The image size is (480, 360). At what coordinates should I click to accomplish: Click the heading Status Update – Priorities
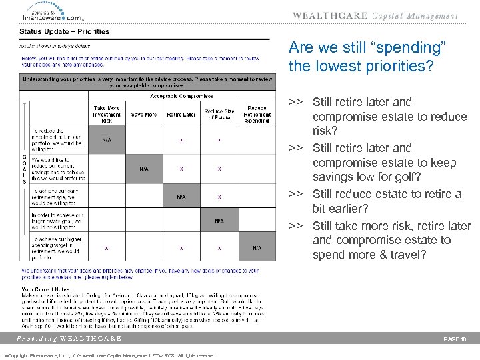tap(64, 31)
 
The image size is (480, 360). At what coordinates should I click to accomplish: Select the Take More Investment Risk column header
tap(107, 114)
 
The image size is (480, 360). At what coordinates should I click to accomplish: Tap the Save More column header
tap(143, 115)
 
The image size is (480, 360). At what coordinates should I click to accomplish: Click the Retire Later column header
tap(181, 115)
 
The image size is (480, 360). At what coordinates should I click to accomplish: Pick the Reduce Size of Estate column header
tap(219, 114)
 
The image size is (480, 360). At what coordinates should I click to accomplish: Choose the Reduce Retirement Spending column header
tap(257, 114)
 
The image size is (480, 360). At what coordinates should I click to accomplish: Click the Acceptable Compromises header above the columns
tap(181, 96)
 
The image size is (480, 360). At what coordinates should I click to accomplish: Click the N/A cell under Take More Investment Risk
tap(107, 140)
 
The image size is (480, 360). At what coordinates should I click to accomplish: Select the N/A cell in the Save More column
tap(143, 169)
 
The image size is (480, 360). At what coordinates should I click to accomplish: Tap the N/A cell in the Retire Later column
tap(181, 197)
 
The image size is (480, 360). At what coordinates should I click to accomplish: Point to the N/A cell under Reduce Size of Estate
tap(219, 221)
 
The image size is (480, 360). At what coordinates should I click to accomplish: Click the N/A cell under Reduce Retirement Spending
tap(257, 247)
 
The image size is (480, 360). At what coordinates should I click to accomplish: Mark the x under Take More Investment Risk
tap(107, 247)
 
